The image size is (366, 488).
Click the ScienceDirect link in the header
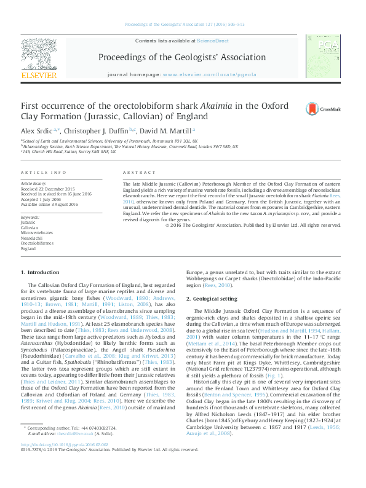(213, 41)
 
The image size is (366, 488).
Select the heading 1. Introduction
(40, 272)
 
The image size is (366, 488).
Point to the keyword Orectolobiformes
(36, 243)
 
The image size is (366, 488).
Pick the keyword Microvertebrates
(37, 233)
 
